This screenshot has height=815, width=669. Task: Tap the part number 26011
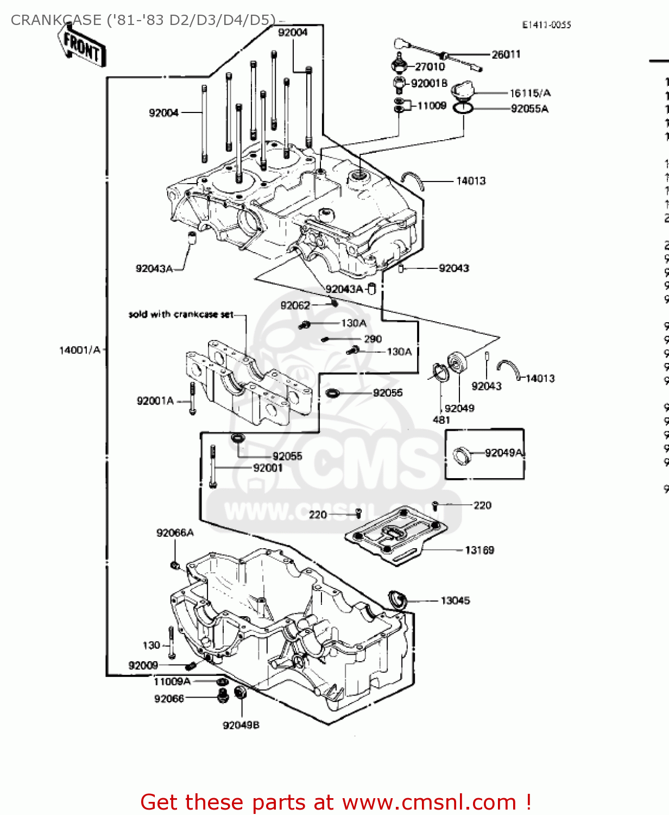506,54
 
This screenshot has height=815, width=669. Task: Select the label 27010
430,67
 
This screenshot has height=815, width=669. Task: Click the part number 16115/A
529,93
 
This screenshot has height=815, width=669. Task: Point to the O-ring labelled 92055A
463,108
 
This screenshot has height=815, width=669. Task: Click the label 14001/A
80,350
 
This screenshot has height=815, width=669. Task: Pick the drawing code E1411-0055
546,25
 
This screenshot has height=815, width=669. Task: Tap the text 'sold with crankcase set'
181,315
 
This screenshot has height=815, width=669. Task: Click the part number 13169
479,550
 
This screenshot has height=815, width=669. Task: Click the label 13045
455,600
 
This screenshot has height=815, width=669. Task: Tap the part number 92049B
241,725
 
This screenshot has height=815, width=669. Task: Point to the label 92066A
175,533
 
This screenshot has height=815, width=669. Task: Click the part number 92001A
155,401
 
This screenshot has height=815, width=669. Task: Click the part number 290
373,339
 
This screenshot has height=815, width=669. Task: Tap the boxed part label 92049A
503,453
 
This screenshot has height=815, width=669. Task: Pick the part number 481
441,420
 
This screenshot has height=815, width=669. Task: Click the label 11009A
172,681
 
